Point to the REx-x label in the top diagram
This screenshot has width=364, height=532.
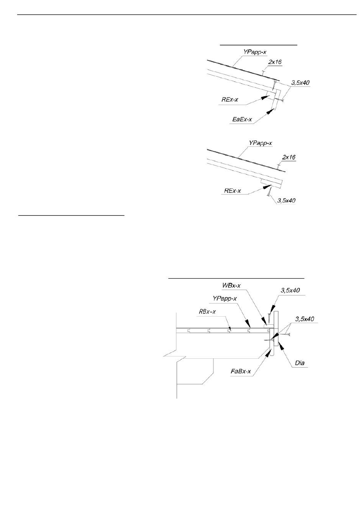tap(230, 100)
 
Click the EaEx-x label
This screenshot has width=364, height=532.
tap(243, 120)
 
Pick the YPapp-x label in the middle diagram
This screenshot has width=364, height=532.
tap(261, 143)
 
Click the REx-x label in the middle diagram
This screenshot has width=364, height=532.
tap(233, 190)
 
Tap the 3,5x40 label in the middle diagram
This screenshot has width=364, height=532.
tap(286, 200)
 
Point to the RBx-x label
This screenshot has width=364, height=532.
tap(207, 311)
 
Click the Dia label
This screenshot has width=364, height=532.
tap(300, 363)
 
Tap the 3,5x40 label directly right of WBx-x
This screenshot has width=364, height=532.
tap(289, 291)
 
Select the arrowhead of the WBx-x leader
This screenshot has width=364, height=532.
tap(264, 320)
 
